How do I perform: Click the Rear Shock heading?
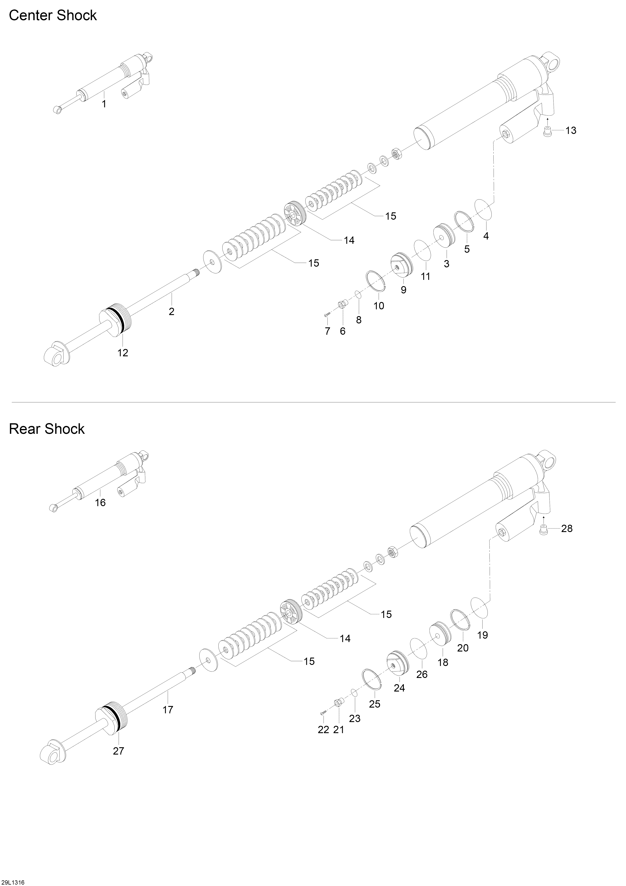tap(47, 429)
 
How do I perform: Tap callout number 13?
tap(571, 130)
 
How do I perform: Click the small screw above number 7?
tap(327, 315)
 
